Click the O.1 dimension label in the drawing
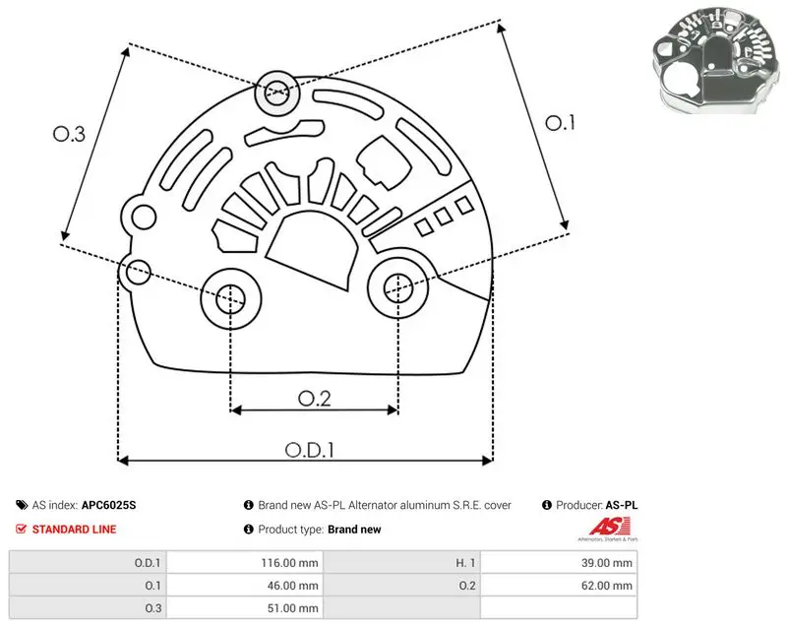coord(560,123)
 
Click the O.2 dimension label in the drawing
coord(315,399)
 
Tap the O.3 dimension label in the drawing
coord(69,134)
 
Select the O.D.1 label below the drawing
coord(310,450)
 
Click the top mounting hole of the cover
coord(276,93)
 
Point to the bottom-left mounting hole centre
coord(231,299)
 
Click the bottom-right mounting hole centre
coord(398,288)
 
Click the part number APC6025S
coord(108,505)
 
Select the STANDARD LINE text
coord(75,530)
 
